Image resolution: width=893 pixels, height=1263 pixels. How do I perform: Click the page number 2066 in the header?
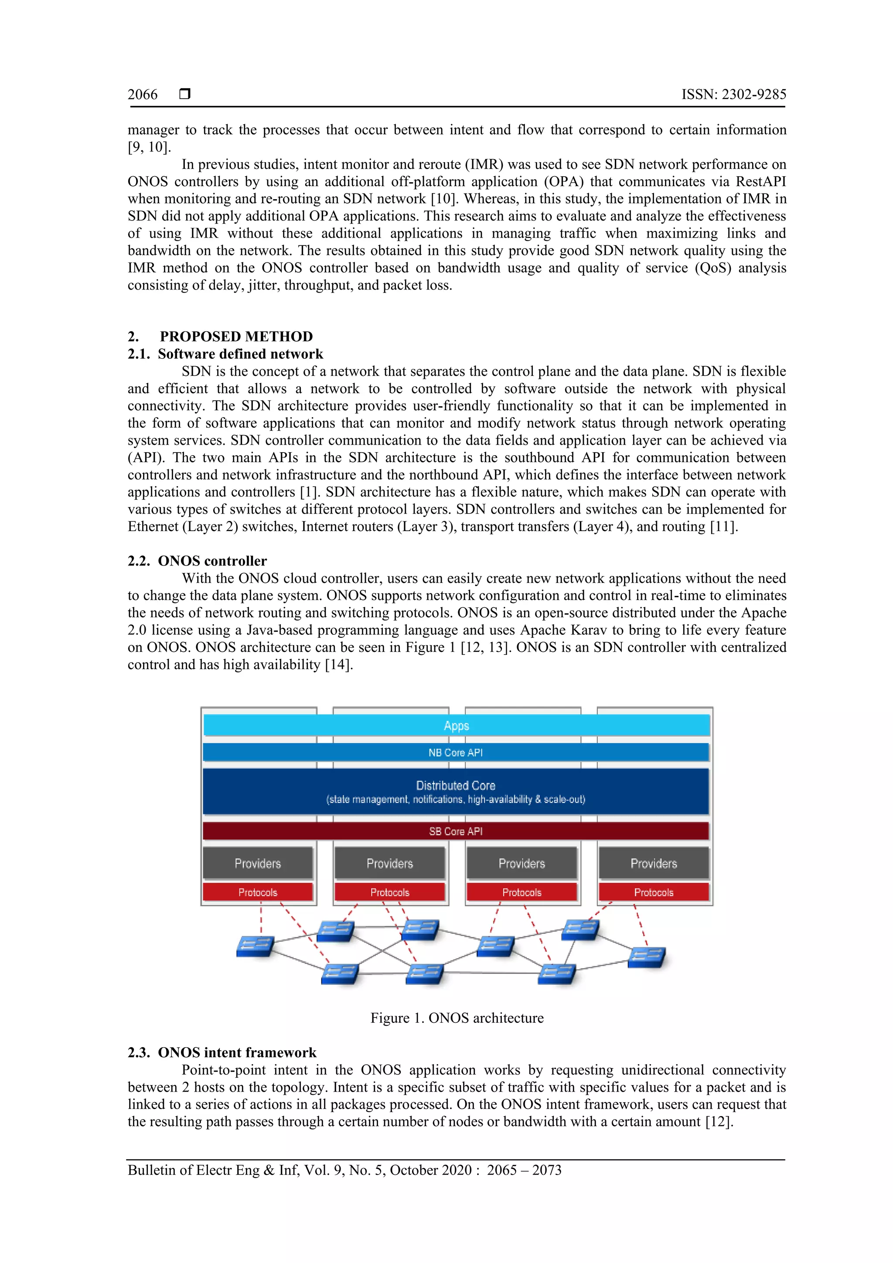[143, 95]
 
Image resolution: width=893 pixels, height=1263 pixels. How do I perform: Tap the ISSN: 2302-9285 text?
[733, 95]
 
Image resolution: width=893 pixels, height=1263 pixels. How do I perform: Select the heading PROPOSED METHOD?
[236, 337]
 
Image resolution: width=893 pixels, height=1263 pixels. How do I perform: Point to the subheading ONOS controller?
[212, 561]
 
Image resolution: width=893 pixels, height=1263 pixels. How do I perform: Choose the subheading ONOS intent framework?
[237, 1052]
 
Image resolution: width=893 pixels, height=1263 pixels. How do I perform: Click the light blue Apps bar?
[456, 725]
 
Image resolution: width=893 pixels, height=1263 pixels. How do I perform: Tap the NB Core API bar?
[456, 752]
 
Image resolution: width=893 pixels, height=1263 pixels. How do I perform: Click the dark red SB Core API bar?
[456, 831]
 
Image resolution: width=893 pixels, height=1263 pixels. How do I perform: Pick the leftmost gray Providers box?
[258, 864]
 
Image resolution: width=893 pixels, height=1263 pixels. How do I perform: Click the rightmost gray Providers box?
[654, 864]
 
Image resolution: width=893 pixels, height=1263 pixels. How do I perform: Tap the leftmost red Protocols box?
[258, 892]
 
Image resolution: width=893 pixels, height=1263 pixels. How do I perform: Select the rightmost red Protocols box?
[654, 892]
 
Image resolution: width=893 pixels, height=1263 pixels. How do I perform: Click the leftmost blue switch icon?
[255, 946]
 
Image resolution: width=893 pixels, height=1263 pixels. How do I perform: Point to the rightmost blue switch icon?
[647, 957]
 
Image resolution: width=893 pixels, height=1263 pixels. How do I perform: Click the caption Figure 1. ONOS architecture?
[457, 1018]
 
